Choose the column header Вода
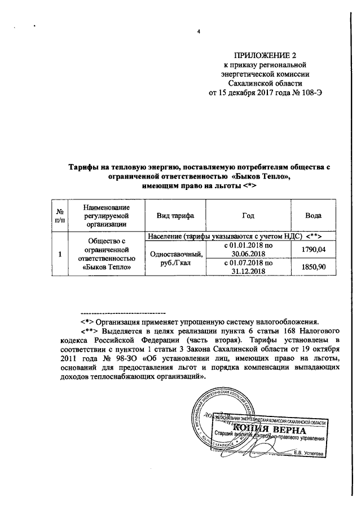pyautogui.click(x=314, y=216)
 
